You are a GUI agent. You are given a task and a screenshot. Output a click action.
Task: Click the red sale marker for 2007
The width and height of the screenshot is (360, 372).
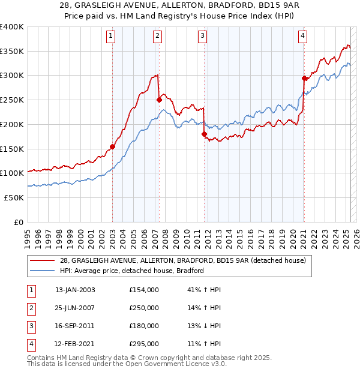(159, 100)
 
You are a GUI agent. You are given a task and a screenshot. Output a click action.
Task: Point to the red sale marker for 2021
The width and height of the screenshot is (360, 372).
(304, 77)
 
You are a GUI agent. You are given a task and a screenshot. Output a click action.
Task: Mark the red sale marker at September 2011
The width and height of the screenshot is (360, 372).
(205, 134)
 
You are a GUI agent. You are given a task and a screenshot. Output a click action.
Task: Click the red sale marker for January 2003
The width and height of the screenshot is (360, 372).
(113, 146)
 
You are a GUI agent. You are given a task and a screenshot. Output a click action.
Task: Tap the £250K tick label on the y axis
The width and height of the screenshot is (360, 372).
(11, 100)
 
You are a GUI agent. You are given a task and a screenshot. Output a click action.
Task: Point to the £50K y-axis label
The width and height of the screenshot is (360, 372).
(14, 197)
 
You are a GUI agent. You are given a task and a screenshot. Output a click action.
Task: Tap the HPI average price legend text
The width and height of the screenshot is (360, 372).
(132, 271)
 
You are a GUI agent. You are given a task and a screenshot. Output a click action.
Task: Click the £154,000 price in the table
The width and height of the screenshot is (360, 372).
(144, 290)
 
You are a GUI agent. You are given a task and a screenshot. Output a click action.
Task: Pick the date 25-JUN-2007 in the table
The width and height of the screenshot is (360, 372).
(75, 308)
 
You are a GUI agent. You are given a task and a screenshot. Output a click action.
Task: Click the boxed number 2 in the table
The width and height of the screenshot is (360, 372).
(30, 308)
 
